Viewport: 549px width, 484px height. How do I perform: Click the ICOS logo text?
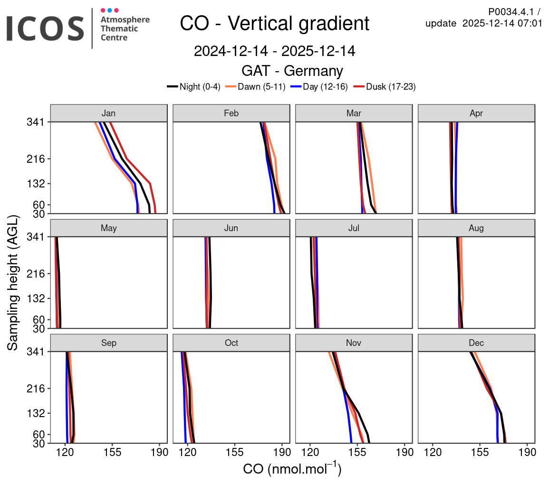(45, 28)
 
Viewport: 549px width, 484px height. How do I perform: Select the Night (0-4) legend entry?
(194, 86)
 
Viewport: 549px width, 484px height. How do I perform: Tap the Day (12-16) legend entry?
(319, 86)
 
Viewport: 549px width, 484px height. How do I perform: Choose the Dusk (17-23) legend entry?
(385, 86)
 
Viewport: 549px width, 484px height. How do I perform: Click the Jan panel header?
(109, 113)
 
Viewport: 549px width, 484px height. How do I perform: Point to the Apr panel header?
(476, 113)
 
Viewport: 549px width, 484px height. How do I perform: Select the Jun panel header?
(231, 228)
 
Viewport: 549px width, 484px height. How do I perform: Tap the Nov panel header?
(354, 343)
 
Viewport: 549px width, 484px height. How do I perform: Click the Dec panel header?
(476, 343)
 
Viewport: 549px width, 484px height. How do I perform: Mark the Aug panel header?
(476, 228)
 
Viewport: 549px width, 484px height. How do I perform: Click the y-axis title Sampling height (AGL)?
(13, 283)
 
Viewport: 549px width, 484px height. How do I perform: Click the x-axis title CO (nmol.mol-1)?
(292, 469)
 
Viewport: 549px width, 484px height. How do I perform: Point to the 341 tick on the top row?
(36, 122)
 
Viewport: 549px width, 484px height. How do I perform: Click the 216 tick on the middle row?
(36, 274)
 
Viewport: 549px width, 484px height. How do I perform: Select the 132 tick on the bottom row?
(36, 413)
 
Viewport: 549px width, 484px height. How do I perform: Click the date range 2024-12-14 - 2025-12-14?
(274, 51)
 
